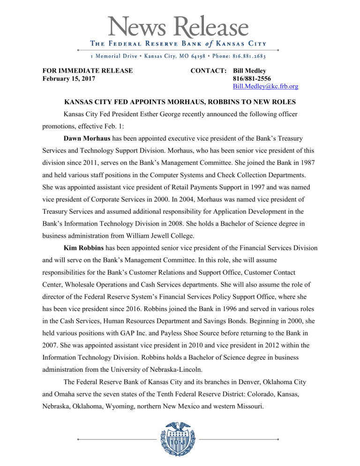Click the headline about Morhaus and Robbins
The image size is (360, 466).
180,103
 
